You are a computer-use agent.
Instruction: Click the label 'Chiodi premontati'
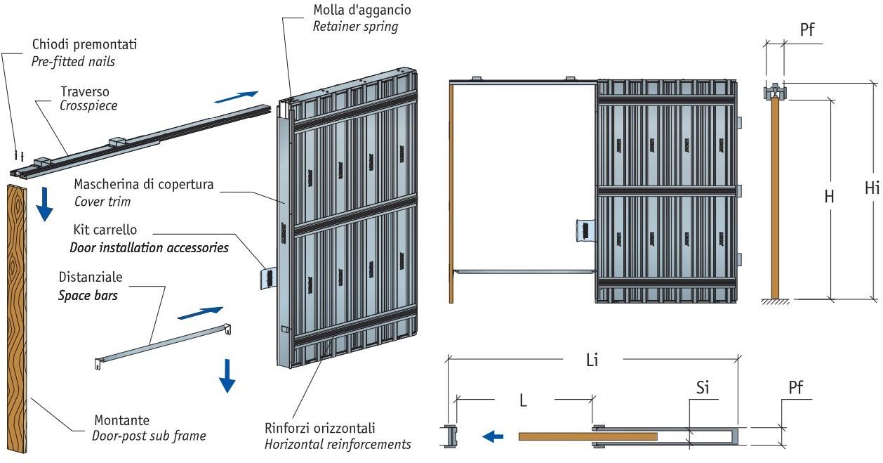(x=84, y=45)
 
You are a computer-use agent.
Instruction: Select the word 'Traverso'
(x=85, y=91)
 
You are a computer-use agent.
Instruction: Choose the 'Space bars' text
(x=88, y=295)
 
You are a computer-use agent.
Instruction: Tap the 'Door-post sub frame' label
(x=149, y=436)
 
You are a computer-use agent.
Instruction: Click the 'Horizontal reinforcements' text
(x=338, y=444)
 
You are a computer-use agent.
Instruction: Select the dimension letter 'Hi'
(x=871, y=188)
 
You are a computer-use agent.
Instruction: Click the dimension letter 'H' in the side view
(x=829, y=197)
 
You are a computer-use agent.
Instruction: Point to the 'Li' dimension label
(x=592, y=360)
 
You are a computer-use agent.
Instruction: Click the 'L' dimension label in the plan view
(x=523, y=400)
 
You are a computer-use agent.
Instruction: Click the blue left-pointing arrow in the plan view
(x=493, y=436)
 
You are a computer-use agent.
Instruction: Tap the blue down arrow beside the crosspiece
(x=44, y=203)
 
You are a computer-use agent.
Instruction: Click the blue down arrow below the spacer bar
(x=227, y=375)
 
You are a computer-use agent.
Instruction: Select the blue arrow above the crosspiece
(x=236, y=96)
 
